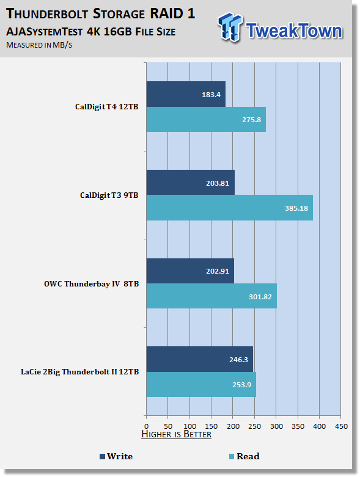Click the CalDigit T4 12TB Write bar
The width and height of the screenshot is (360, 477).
(x=186, y=94)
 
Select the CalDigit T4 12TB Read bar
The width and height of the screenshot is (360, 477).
(x=206, y=119)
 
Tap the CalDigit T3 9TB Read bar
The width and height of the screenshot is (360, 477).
(x=230, y=208)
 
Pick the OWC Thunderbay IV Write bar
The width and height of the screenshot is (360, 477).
(x=190, y=271)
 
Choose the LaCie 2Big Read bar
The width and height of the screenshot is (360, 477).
(x=201, y=384)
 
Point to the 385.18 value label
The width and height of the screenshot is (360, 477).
(x=296, y=208)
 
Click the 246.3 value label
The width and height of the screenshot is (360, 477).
(x=238, y=360)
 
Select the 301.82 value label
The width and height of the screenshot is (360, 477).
(x=260, y=297)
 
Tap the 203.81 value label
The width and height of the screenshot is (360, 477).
(x=217, y=183)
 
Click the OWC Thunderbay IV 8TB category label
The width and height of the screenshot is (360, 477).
(x=91, y=284)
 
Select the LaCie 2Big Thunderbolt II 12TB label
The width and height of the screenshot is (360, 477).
(x=79, y=372)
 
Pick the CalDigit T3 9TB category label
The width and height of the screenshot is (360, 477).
(x=109, y=195)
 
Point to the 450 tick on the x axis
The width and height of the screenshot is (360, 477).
(x=341, y=426)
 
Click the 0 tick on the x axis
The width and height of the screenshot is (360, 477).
(x=146, y=426)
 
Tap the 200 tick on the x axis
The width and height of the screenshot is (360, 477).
(x=233, y=426)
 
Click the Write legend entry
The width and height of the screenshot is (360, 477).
(x=116, y=456)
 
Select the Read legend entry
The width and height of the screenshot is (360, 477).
(x=244, y=456)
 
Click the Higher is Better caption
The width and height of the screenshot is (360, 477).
(x=177, y=434)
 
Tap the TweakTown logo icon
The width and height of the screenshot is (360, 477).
(x=230, y=27)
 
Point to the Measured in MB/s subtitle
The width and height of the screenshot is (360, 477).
(x=39, y=45)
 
